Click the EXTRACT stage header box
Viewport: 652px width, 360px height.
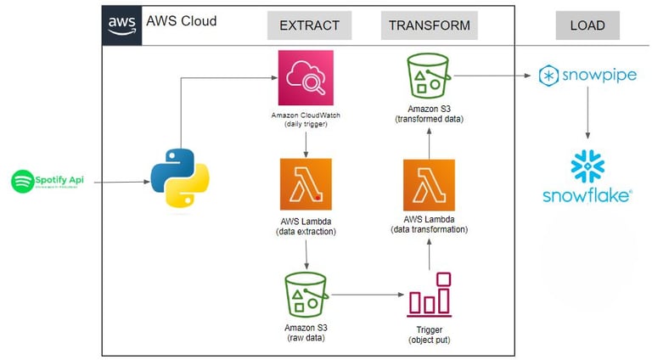coord(309,25)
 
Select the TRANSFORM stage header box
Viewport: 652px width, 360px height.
coord(429,25)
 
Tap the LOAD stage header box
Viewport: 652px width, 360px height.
coord(587,25)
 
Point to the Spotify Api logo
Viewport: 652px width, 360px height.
coord(49,181)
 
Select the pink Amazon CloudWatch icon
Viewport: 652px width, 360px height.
coord(306,78)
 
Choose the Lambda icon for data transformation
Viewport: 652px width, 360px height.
coord(429,184)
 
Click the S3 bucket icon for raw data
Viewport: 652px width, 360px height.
coord(306,293)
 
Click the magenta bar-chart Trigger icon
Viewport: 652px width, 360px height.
coord(430,295)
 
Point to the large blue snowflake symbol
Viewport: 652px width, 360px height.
coord(587,166)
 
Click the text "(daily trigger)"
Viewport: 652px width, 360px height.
coord(306,125)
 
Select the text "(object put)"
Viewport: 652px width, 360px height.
coord(430,340)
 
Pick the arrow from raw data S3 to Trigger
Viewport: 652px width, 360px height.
coord(367,295)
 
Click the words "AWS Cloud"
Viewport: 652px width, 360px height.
coord(181,20)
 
